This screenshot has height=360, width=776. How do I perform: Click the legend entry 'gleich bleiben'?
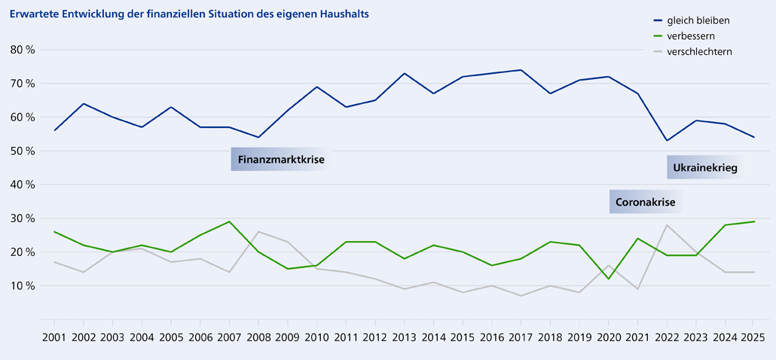coord(698,20)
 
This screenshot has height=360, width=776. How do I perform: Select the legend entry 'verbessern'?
coord(691,35)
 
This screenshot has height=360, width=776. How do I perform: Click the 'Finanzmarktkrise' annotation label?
coord(281,160)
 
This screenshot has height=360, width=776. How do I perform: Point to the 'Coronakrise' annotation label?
coord(645,202)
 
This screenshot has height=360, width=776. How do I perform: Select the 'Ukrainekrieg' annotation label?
coord(704,167)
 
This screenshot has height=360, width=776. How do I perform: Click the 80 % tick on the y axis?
coord(24,50)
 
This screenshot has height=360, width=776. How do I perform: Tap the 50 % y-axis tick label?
coord(24,151)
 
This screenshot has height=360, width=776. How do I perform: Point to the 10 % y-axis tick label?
coord(24,286)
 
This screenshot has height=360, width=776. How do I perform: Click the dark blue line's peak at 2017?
coord(521,70)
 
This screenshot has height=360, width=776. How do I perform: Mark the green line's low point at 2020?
coord(608,279)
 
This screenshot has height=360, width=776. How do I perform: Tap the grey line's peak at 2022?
coord(667,225)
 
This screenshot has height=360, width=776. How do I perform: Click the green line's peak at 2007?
coord(230,221)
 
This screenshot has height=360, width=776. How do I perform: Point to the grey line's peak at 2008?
coord(258,232)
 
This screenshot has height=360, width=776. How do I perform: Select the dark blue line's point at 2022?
coord(667,141)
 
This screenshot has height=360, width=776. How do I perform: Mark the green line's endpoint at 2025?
coord(753,221)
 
